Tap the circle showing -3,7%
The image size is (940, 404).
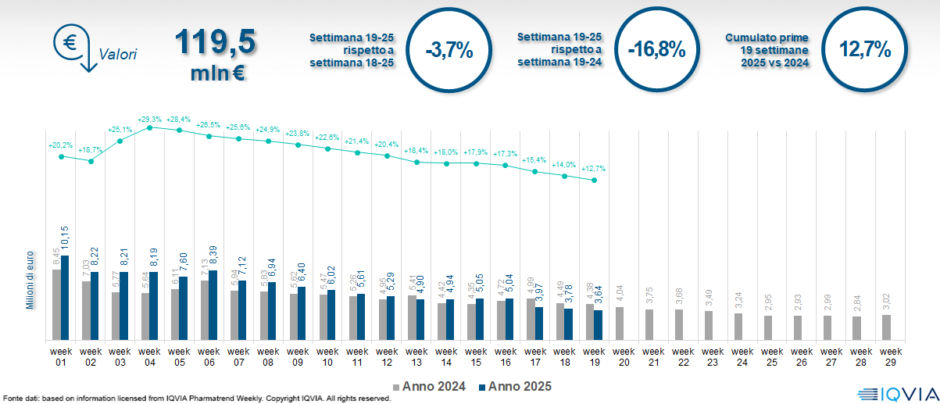pos(449,51)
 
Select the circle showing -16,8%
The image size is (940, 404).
pos(656,51)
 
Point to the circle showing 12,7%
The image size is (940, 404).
pos(865,50)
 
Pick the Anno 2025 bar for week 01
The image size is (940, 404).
pos(65,298)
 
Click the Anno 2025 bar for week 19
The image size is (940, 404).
pos(599,325)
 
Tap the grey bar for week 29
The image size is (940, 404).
pos(885,327)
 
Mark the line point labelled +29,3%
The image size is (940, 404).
pos(150,127)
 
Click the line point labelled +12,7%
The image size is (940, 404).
pos(595,181)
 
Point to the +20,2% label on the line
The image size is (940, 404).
pos(60,145)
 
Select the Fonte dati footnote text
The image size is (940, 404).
pos(195,399)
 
